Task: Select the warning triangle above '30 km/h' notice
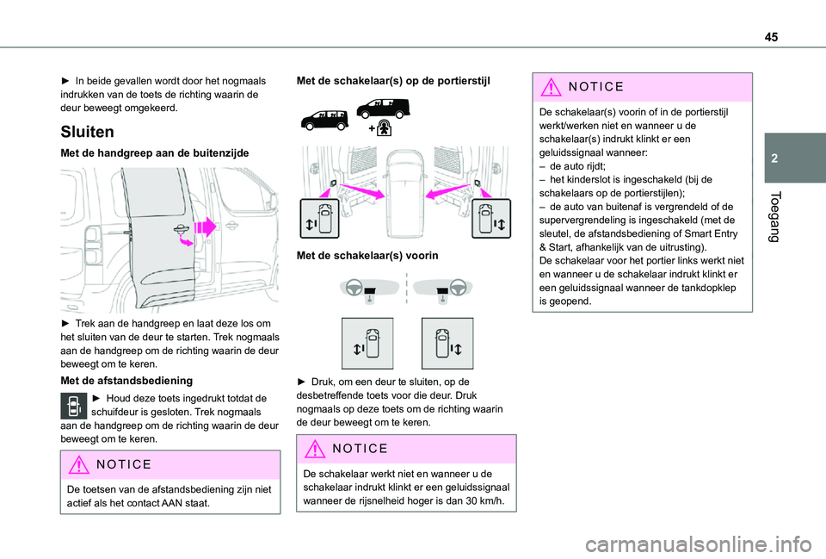point(315,449)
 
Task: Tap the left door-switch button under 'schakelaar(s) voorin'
point(367,343)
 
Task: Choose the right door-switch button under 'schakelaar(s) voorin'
point(447,343)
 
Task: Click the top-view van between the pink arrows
point(407,190)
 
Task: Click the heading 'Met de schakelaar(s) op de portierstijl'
point(393,80)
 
